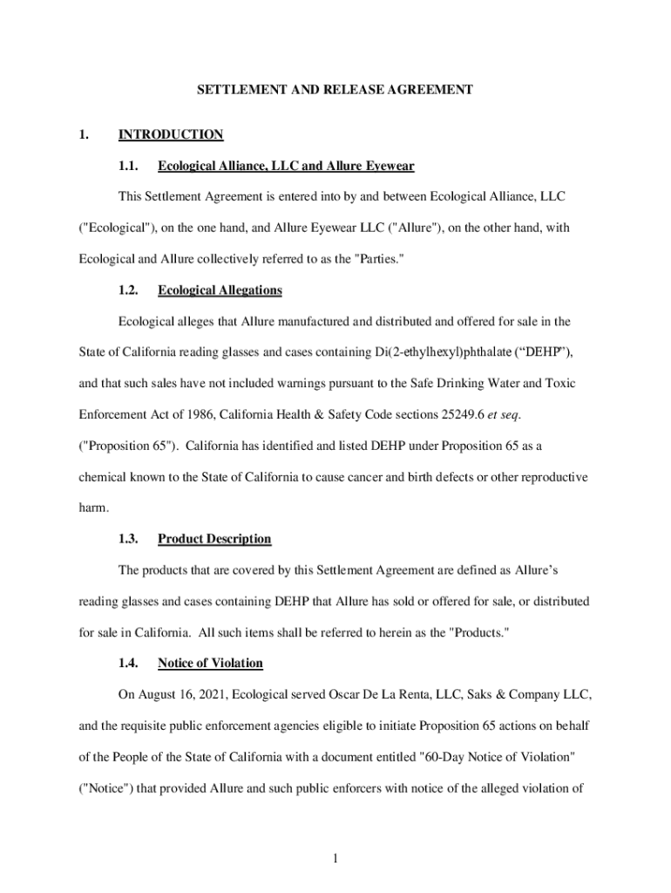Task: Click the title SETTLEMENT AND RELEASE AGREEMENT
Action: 335,89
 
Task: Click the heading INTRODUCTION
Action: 171,134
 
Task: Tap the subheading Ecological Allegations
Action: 220,290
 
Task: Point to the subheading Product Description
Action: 214,539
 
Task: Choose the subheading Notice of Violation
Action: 210,663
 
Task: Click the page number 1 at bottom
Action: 335,859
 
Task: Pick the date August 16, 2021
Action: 185,695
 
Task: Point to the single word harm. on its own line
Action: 95,508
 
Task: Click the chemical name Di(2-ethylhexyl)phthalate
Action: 443,352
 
